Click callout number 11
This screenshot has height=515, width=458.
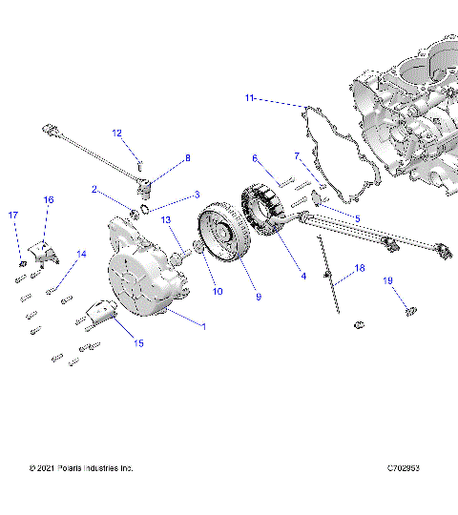click(250, 98)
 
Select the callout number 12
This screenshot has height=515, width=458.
click(117, 133)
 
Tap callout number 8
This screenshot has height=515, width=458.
click(188, 158)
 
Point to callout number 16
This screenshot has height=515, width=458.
click(49, 199)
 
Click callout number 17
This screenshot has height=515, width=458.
click(13, 216)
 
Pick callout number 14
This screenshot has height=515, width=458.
click(81, 254)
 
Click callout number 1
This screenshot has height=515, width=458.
click(202, 326)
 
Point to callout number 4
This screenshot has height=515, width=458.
click(303, 277)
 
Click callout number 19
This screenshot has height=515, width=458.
click(388, 280)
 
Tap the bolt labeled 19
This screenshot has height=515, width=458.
click(409, 309)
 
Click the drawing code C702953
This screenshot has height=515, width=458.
click(406, 468)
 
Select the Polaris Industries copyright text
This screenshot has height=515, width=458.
click(81, 468)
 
